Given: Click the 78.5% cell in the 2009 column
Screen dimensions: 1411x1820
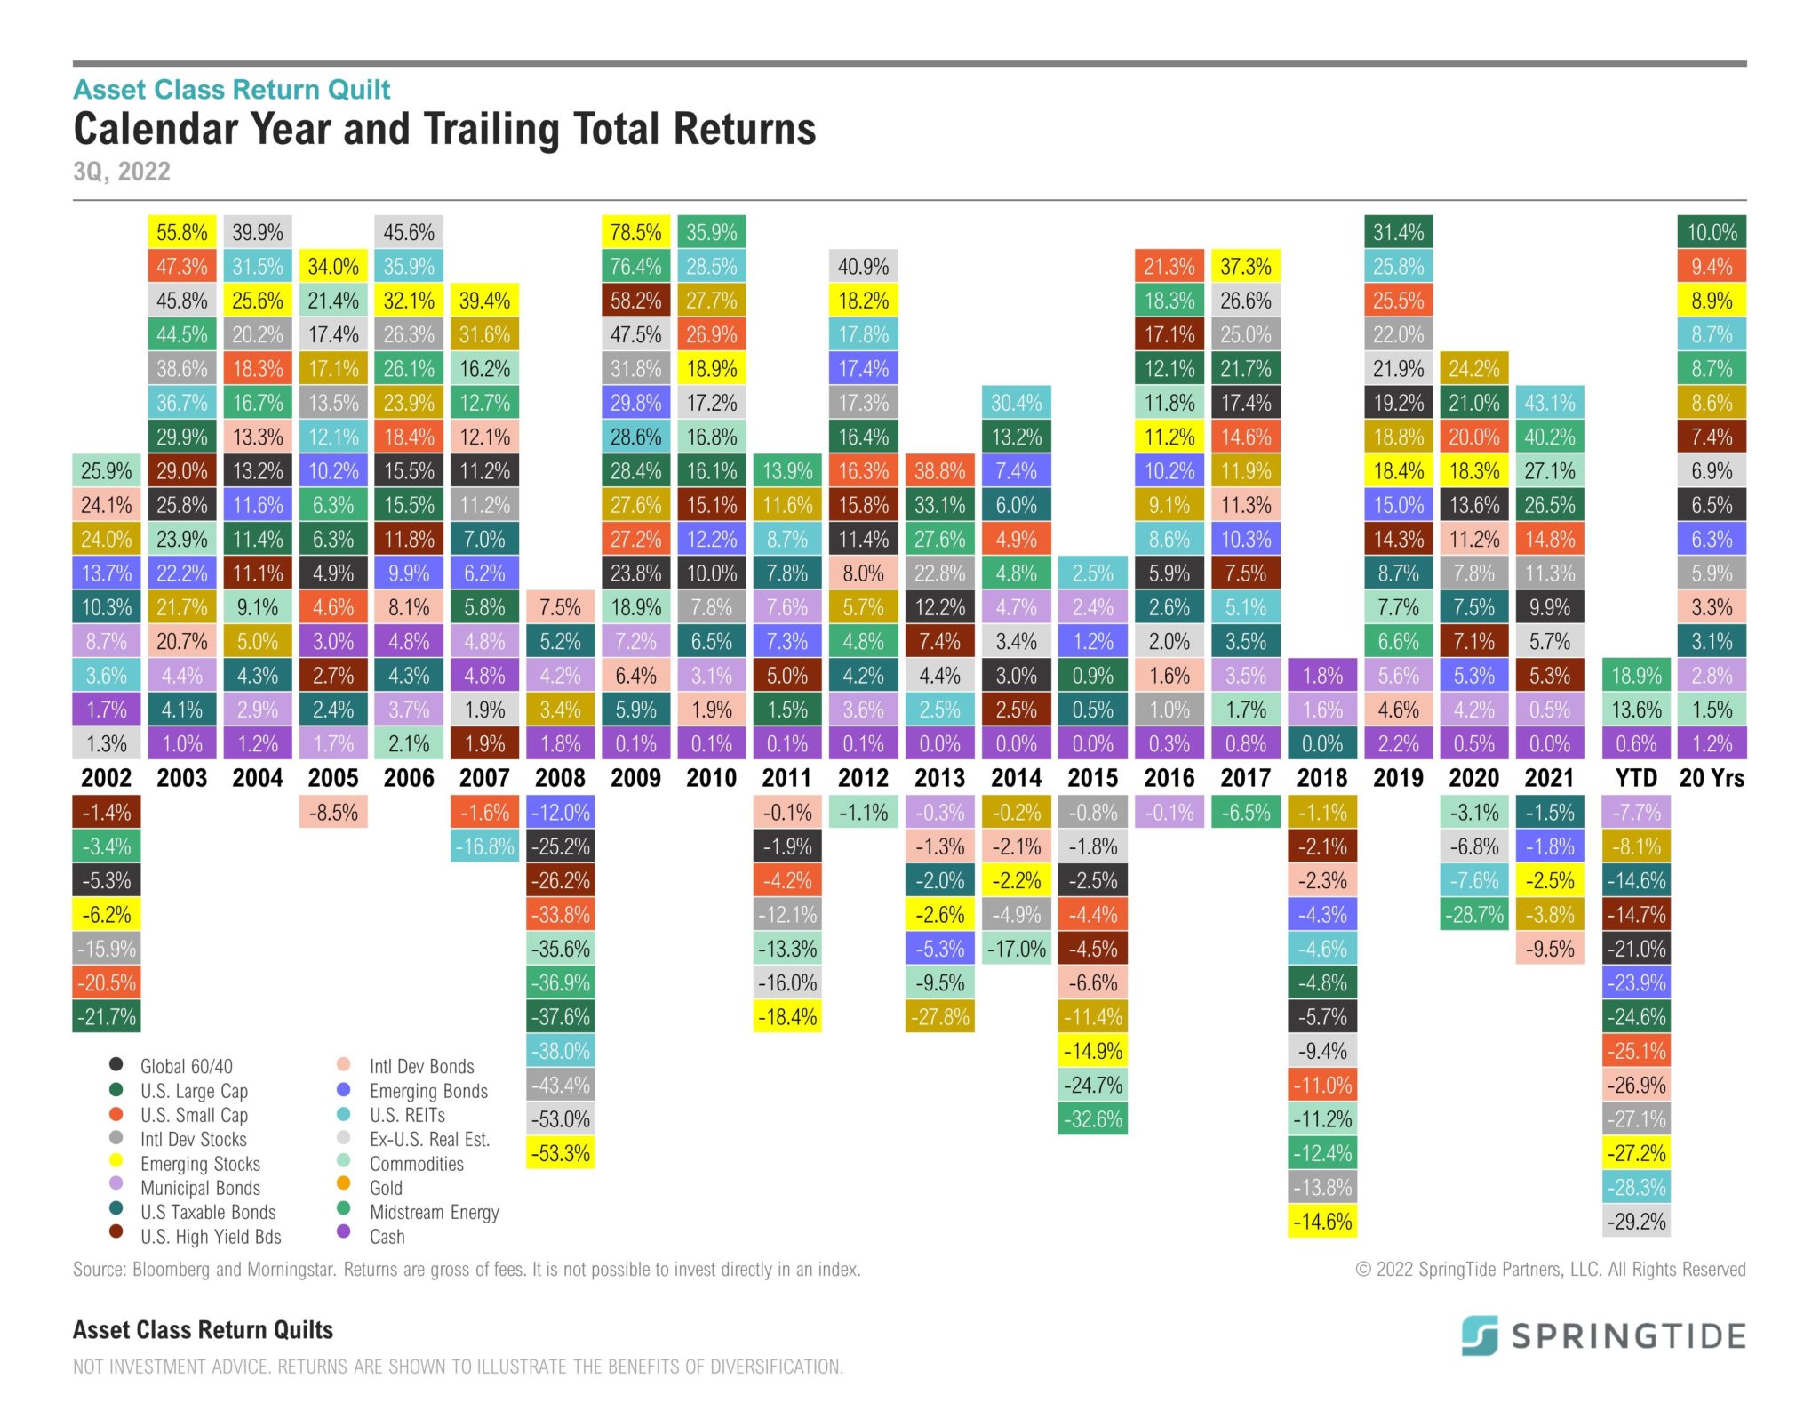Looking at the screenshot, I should click(x=635, y=232).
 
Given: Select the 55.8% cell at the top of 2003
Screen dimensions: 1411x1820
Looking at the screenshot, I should click(x=181, y=232).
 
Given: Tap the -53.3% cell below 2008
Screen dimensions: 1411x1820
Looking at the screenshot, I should click(x=560, y=1153).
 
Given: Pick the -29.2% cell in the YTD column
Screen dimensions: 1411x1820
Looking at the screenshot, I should click(x=1636, y=1222).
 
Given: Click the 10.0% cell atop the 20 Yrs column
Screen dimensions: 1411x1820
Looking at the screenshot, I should click(x=1712, y=232).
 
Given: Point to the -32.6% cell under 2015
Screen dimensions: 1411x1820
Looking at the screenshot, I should click(x=1092, y=1119).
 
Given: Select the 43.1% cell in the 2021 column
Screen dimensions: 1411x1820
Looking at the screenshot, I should click(x=1549, y=403).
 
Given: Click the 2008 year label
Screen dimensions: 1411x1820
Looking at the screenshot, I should click(x=560, y=778).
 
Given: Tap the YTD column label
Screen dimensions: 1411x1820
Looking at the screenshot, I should click(x=1636, y=778).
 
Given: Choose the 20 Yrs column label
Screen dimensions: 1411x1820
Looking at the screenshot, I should click(x=1712, y=778).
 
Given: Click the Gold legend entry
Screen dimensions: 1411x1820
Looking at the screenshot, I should click(x=386, y=1188).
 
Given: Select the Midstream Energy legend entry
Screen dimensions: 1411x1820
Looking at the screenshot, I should click(x=434, y=1212).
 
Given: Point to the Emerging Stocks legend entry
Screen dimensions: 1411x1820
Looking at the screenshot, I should click(x=200, y=1164).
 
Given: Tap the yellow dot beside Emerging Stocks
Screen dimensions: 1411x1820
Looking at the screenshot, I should click(x=116, y=1159).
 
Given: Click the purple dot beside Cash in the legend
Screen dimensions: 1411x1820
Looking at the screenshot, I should click(x=344, y=1232).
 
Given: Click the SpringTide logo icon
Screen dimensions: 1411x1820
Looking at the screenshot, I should click(x=1480, y=1335).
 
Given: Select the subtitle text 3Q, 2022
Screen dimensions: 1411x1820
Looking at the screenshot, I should click(x=122, y=172).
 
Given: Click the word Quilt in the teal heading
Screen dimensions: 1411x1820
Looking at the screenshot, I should click(x=359, y=90).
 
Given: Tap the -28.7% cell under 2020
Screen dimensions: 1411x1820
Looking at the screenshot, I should click(x=1473, y=915).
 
